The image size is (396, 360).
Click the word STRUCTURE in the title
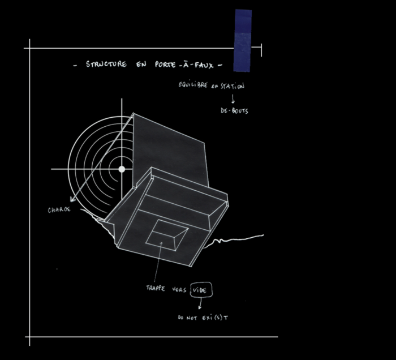pos(106,64)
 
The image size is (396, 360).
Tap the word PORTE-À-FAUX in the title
pos(184,65)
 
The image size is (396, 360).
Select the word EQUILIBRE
pos(193,85)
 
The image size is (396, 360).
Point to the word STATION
pos(233,86)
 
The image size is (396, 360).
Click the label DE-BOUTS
pos(234,110)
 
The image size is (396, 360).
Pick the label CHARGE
pos(59,209)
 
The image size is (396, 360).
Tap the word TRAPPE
pos(156,288)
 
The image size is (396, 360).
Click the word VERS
pos(179,289)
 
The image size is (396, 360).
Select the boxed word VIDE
pos(201,290)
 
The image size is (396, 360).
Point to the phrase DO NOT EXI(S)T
pos(203,318)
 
